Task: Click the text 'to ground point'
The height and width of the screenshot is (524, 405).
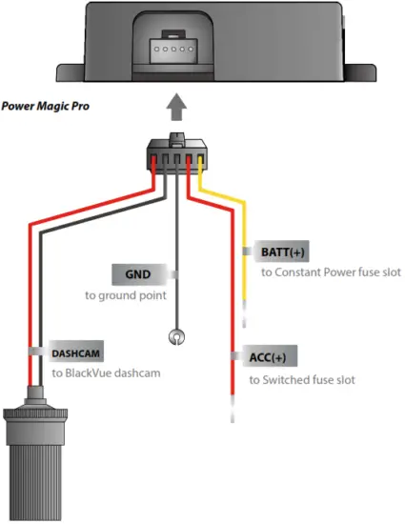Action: [x=125, y=296]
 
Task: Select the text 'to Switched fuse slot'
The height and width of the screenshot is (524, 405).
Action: [x=302, y=379]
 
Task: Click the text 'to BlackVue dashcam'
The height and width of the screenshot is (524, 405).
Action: [x=106, y=373]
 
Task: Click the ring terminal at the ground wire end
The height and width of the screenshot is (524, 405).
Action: [x=175, y=335]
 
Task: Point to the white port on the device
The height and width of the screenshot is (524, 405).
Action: [x=172, y=46]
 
